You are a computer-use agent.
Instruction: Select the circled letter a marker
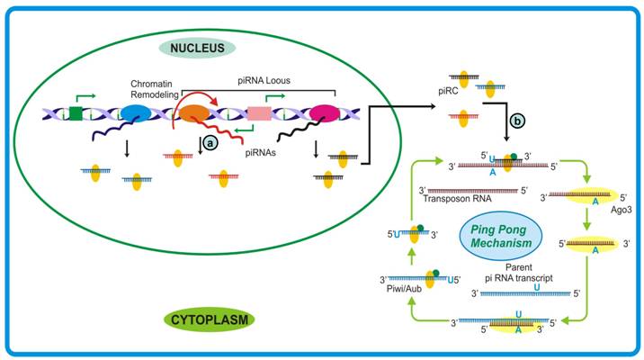click(209, 141)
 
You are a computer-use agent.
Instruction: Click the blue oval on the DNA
click(137, 113)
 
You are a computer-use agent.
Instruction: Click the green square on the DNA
click(76, 113)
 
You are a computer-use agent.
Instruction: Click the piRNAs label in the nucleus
click(262, 153)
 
